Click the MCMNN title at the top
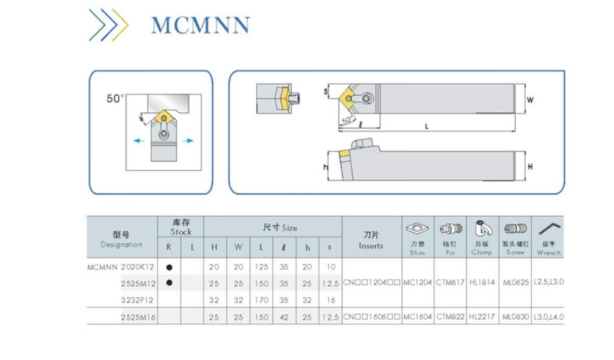[200, 24]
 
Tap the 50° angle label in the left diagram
[115, 98]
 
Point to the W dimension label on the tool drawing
[530, 99]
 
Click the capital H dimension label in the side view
[530, 166]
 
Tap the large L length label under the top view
[427, 126]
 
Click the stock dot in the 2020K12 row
[169, 267]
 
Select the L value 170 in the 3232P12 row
[260, 300]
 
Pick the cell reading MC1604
[417, 317]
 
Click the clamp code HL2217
[482, 317]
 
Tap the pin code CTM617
[450, 283]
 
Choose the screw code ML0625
[515, 283]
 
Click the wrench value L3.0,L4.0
[548, 317]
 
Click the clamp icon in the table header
[482, 229]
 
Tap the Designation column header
[121, 240]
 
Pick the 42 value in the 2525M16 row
[284, 317]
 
